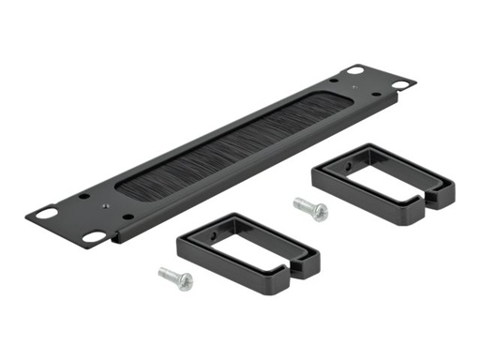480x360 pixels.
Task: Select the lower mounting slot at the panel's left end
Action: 94,237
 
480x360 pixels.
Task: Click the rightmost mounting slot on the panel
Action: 399,84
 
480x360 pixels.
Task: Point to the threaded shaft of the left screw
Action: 167,274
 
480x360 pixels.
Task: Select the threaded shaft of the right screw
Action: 303,202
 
